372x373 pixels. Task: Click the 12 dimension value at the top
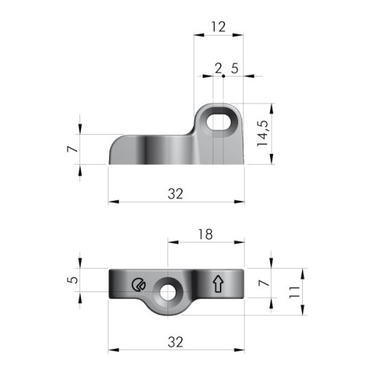pyautogui.click(x=218, y=27)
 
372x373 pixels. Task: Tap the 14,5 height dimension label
pyautogui.click(x=263, y=133)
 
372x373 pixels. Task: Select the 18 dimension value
pyautogui.click(x=205, y=235)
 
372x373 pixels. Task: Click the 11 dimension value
pyautogui.click(x=294, y=292)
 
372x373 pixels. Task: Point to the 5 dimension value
pyautogui.click(x=73, y=280)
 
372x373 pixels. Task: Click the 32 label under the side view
pyautogui.click(x=175, y=194)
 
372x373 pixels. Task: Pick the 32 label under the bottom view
pyautogui.click(x=175, y=342)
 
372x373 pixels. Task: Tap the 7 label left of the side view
pyautogui.click(x=73, y=149)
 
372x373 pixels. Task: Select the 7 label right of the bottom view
pyautogui.click(x=264, y=283)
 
